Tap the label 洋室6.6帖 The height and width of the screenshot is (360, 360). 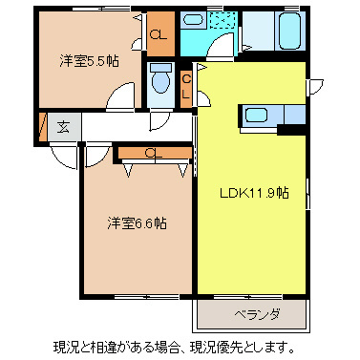tap(136, 222)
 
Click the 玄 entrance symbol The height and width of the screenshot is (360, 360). tap(62, 126)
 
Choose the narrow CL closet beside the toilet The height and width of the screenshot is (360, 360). tap(187, 88)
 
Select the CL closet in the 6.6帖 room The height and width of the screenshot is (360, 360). tap(154, 151)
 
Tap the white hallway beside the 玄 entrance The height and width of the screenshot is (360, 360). tap(115, 126)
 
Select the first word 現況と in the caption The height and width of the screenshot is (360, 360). tap(73, 346)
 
